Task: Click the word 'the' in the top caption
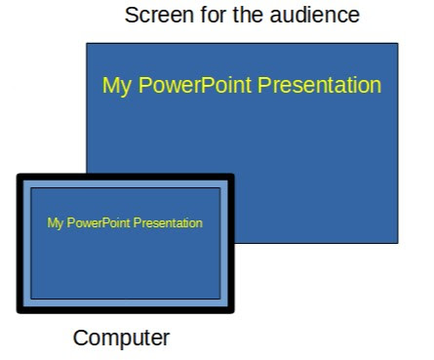(236, 16)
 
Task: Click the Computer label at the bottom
(122, 339)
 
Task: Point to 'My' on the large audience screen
(116, 86)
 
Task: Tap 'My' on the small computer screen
(55, 223)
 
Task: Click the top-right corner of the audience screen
(398, 43)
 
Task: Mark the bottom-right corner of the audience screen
(398, 243)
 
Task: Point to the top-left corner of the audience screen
(87, 43)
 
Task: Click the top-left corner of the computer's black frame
(19, 175)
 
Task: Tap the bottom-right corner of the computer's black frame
(234, 312)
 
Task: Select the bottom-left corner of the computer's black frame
(19, 312)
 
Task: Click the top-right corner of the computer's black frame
(234, 175)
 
